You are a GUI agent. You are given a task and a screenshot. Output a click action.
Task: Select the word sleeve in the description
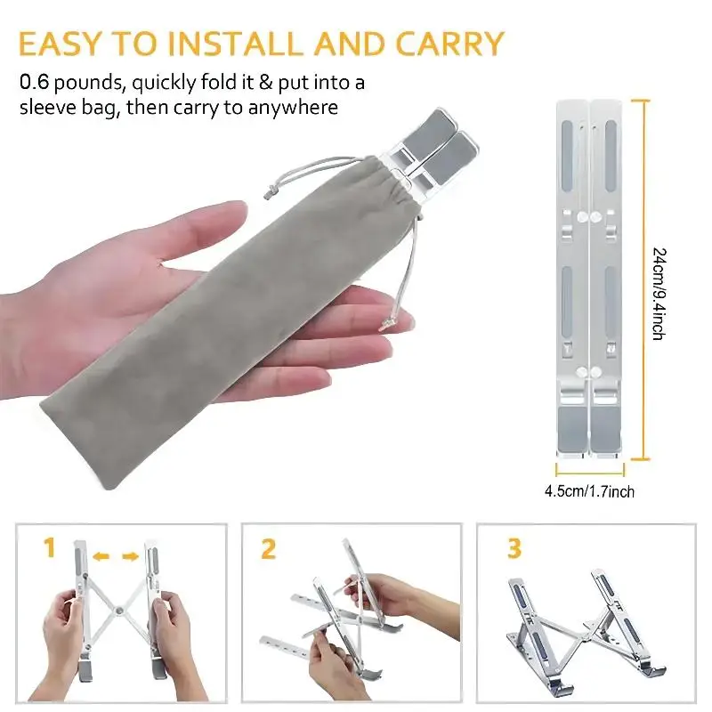tap(50, 109)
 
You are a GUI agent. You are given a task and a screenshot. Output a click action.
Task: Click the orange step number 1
tap(52, 549)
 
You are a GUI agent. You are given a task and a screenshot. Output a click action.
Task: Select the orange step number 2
tap(268, 549)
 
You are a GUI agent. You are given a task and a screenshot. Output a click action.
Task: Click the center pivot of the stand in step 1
tap(117, 611)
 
